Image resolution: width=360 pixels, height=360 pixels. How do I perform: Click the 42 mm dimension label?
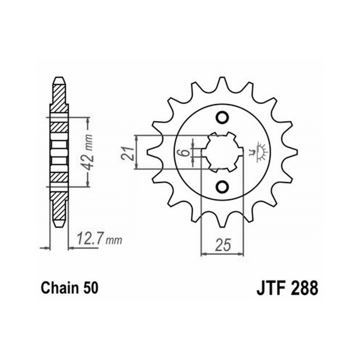pos(88,152)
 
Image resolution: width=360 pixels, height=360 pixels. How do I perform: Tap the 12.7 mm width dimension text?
pos(99,239)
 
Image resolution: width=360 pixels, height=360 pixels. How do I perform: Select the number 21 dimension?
pos(129,153)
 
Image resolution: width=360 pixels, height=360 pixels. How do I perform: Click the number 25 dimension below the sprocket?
pos(223,245)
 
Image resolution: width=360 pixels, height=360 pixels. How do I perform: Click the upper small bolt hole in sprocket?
pos(222,117)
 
